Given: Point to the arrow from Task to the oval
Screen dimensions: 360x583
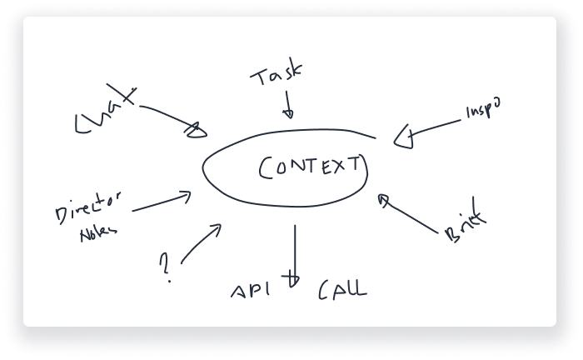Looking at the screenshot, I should (288, 106).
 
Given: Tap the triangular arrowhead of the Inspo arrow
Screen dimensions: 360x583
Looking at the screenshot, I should (404, 137).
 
